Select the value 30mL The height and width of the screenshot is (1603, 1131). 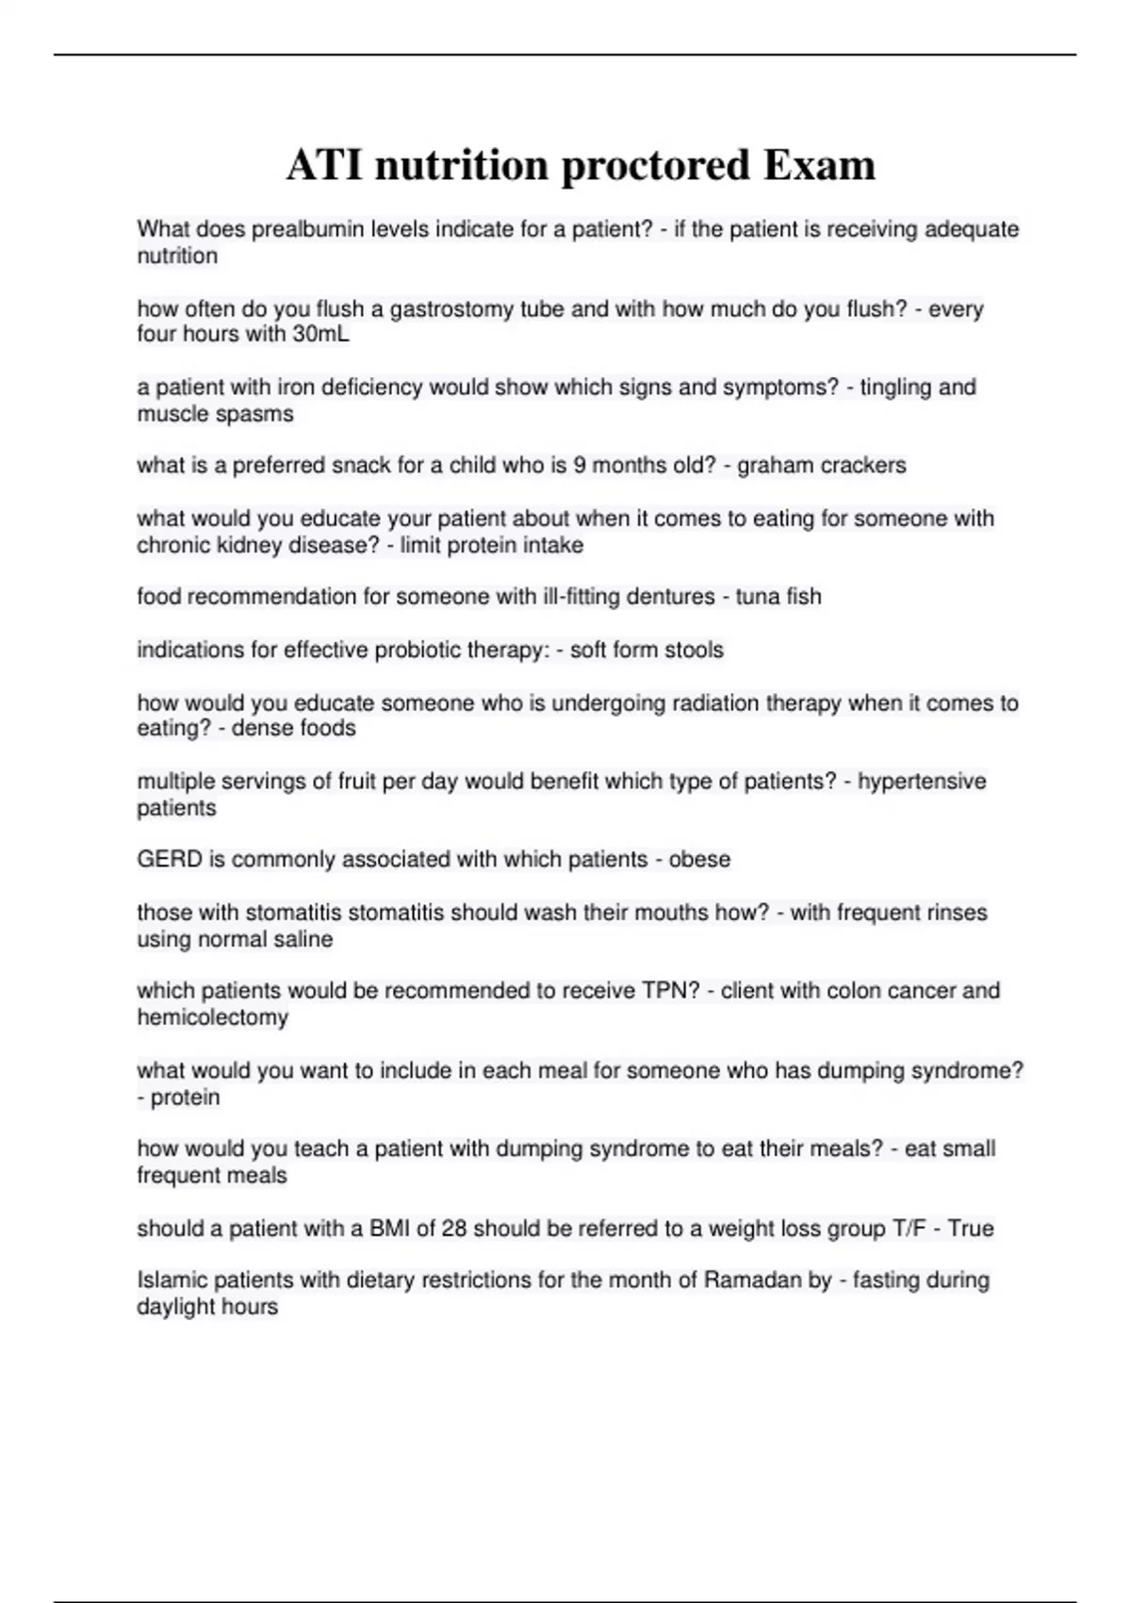tap(320, 335)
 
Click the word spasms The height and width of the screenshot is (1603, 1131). tap(256, 414)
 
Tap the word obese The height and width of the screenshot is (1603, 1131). tap(699, 860)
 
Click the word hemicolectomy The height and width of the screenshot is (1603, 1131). tap(212, 1017)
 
